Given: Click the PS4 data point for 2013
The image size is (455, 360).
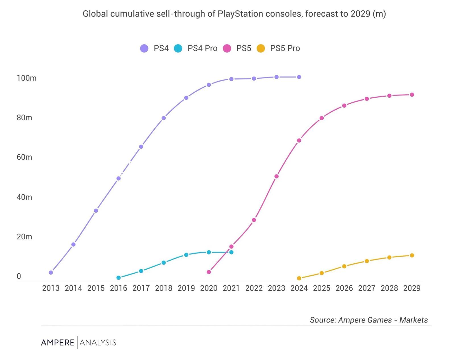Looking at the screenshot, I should tap(51, 272).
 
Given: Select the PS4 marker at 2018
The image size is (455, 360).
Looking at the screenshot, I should tap(164, 118).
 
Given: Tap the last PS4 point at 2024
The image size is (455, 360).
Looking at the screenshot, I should tap(299, 77).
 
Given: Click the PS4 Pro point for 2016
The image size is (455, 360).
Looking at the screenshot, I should tap(119, 278).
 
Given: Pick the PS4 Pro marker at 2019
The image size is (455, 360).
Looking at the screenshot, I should tap(186, 255).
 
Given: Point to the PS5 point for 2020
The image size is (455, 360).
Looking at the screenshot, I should tap(209, 272).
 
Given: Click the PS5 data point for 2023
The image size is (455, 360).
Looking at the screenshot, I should tap(276, 176).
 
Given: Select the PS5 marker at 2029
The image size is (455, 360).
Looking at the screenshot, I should tap(412, 95).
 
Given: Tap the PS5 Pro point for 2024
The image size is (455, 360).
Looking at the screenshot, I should tap(299, 278).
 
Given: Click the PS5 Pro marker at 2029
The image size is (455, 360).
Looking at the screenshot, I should tap(412, 255).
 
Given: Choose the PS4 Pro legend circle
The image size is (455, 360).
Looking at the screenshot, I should tap(178, 48).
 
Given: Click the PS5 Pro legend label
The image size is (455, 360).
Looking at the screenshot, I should tap(285, 48).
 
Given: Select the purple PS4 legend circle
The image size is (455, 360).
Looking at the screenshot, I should tap(144, 48).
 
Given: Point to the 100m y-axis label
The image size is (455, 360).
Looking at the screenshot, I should tap(26, 78).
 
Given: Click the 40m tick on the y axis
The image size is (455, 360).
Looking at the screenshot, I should tap(24, 197).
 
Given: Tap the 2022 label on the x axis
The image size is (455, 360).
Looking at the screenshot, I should tap(254, 288).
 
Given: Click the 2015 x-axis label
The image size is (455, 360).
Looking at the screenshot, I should tap(96, 288).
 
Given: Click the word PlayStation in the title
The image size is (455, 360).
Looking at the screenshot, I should tap(240, 14).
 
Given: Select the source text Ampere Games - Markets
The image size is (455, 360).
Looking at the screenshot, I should tap(383, 320).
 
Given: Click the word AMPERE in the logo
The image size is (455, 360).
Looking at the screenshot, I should tap(58, 342).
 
